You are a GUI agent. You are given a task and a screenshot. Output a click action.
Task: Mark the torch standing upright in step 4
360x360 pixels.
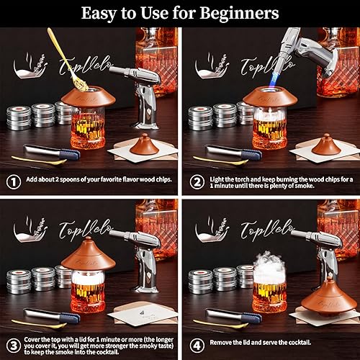[x=324, y=252]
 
